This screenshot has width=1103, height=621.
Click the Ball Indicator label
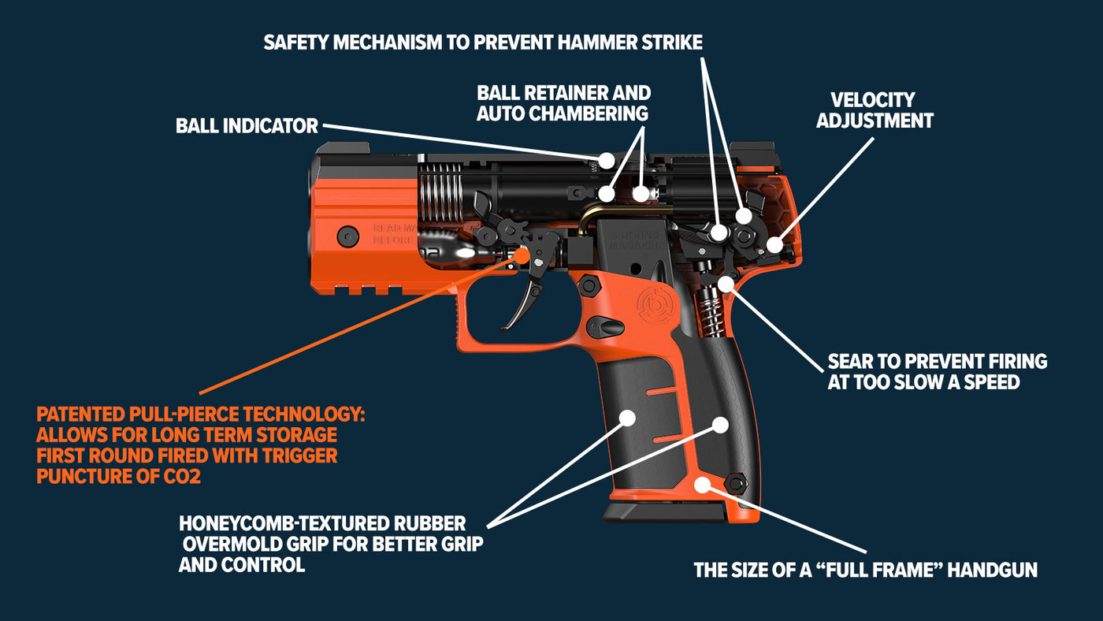pos(247,125)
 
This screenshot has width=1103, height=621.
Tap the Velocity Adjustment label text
pos(875,110)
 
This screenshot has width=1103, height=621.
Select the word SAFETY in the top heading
pos(295,42)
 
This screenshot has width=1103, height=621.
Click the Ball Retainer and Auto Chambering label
pos(563,103)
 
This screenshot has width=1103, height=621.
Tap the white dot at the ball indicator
pos(606,160)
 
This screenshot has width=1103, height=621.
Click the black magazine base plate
pos(666,512)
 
